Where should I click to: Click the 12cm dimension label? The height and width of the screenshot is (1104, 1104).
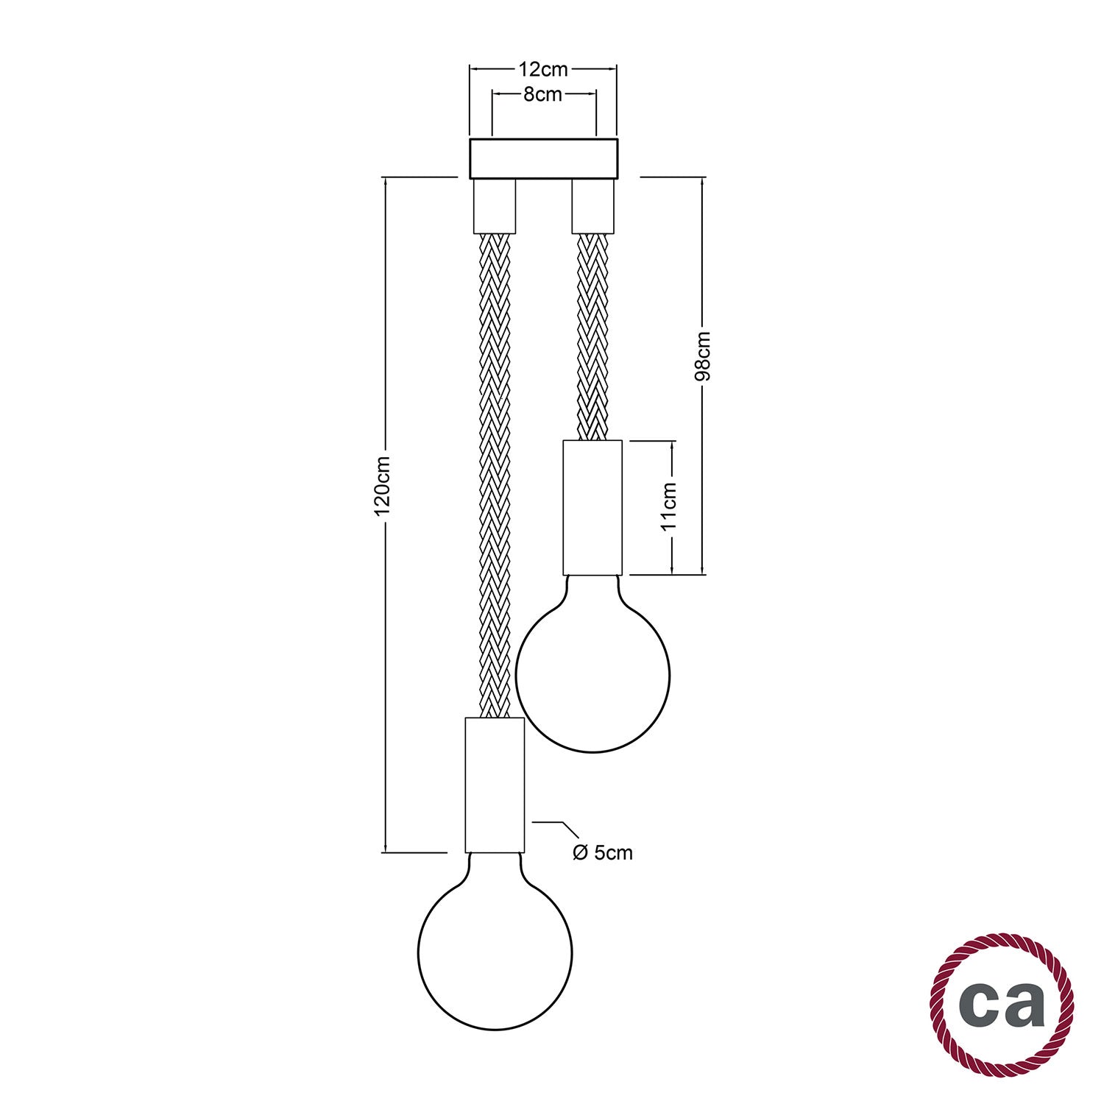543,69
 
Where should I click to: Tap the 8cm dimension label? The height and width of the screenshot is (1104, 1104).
543,94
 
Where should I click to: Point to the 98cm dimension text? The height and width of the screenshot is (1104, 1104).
703,356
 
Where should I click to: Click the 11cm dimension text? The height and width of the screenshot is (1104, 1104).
670,506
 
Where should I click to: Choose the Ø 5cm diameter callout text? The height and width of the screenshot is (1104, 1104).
602,852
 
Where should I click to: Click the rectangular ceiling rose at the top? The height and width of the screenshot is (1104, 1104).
543,158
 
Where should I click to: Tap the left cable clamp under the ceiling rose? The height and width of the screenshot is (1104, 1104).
494,206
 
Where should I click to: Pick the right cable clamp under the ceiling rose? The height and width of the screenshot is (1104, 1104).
592,206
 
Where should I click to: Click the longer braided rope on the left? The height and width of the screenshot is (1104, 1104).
495,471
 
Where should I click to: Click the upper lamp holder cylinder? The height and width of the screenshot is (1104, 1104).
592,507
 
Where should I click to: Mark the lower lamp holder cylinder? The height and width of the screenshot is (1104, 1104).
494,785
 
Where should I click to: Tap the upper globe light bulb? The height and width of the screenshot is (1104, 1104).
592,673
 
